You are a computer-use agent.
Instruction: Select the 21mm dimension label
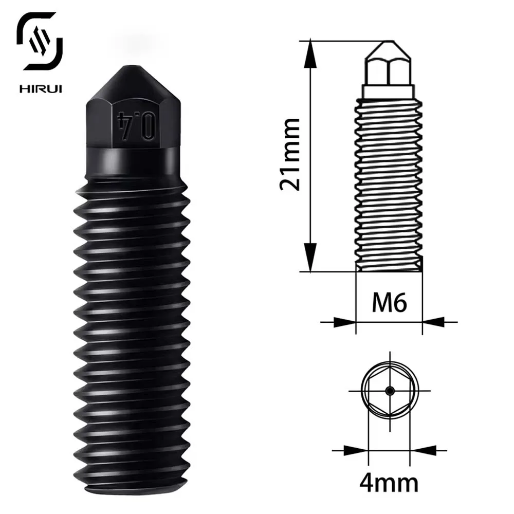[289, 154]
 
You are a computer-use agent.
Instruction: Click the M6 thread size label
[389, 303]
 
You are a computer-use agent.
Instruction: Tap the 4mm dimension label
[389, 483]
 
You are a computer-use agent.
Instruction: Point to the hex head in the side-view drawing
[389, 72]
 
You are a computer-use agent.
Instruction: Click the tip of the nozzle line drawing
[389, 43]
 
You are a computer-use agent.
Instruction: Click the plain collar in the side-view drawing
[389, 92]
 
